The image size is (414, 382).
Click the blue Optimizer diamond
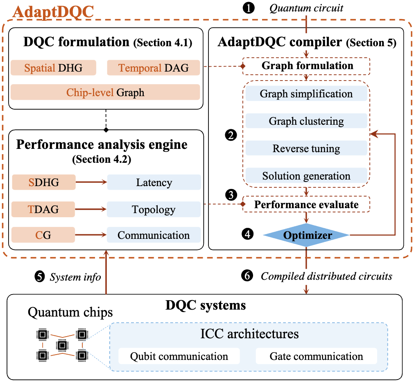[306, 235]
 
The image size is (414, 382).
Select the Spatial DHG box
[53, 68]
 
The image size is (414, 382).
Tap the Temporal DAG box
[154, 68]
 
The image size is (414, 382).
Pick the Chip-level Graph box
[105, 92]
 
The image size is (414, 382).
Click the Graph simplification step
[306, 94]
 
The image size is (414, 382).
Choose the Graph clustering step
[306, 121]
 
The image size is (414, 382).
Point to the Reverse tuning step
[306, 148]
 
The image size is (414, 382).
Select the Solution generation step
[306, 176]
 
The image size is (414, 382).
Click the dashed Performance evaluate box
[306, 204]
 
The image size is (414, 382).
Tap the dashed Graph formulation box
[306, 65]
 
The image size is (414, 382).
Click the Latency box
[154, 182]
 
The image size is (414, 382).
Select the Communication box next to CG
[154, 235]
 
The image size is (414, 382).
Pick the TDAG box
[43, 209]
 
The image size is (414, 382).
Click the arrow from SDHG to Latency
[90, 182]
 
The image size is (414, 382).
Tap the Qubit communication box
[179, 356]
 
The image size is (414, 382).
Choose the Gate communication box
[316, 356]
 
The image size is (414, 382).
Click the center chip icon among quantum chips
[61, 346]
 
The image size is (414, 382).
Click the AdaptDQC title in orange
[53, 11]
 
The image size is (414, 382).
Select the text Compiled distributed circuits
[326, 276]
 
